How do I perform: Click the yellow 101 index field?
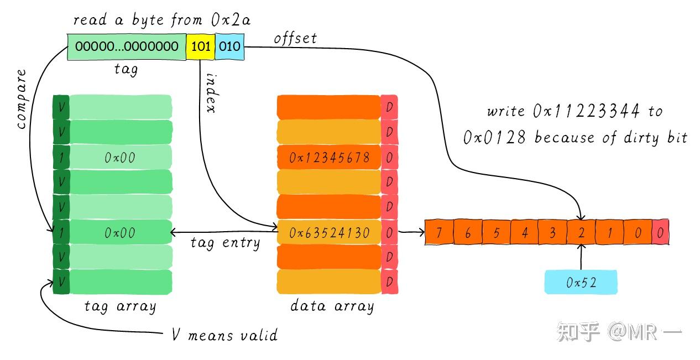click(200, 46)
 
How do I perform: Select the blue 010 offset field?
click(229, 46)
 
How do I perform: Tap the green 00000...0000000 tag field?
click(127, 46)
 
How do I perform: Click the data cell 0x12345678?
click(328, 158)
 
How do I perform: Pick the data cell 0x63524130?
click(328, 233)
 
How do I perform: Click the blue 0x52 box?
click(581, 283)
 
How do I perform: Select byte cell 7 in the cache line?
click(438, 233)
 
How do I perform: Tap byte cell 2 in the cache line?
click(581, 233)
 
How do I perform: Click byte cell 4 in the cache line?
click(524, 233)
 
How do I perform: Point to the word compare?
click(21, 100)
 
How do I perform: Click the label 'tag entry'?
click(224, 242)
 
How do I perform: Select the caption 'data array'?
click(332, 306)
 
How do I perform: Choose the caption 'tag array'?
click(120, 306)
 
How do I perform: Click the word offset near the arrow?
click(295, 38)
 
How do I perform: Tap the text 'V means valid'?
click(224, 335)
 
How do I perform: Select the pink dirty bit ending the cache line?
click(660, 233)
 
